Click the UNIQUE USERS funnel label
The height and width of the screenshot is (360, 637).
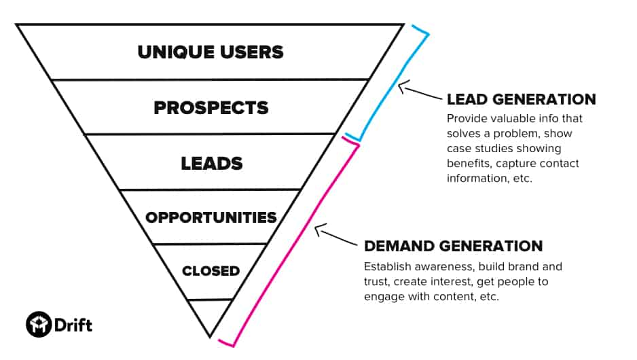(x=211, y=52)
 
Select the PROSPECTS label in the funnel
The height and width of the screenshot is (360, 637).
(x=211, y=108)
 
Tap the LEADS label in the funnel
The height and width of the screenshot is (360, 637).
(x=212, y=163)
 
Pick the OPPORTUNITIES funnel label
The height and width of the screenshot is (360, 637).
(x=211, y=217)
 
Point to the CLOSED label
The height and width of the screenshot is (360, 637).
(x=211, y=271)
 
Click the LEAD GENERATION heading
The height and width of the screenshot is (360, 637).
(x=522, y=99)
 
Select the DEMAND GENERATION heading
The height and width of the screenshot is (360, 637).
(x=454, y=246)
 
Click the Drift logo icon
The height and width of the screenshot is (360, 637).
(x=39, y=324)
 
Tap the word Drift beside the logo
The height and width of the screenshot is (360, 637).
(x=73, y=325)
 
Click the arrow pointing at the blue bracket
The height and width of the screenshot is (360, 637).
(x=419, y=90)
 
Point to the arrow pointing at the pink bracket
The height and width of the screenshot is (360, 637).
(x=335, y=234)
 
